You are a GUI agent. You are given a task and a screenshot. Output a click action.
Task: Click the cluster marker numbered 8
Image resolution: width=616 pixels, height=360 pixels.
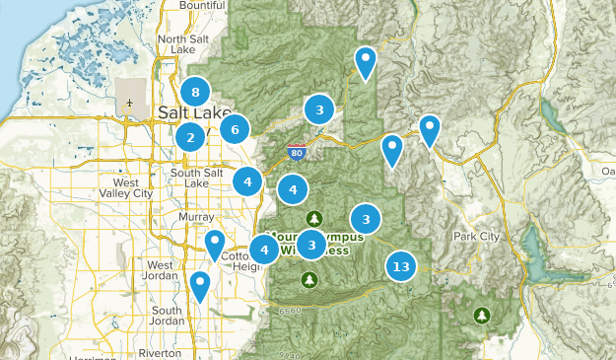[x=195, y=93]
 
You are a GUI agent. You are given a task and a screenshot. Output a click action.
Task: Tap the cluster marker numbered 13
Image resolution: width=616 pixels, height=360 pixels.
[x=400, y=266]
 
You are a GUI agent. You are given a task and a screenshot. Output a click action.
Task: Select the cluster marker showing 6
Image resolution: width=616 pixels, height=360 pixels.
[x=235, y=129]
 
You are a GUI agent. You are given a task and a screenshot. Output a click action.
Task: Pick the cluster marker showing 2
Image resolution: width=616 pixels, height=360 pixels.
[x=190, y=137]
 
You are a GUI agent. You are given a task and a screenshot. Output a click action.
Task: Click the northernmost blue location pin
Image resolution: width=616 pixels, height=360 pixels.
[x=366, y=61]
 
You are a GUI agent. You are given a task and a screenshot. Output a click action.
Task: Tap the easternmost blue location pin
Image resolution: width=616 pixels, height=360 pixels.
[x=429, y=129]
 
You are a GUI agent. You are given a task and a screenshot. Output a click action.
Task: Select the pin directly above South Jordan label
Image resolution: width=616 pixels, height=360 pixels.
[x=200, y=285]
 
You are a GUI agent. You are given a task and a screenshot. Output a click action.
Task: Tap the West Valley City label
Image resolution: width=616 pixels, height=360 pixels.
[x=133, y=188]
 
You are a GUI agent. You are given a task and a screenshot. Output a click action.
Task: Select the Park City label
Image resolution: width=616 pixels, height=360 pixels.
[x=477, y=237]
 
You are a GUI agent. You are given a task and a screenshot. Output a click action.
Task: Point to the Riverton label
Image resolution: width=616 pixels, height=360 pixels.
[x=160, y=352]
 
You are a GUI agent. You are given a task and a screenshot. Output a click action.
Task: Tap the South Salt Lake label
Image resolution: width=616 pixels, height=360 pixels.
[x=198, y=178]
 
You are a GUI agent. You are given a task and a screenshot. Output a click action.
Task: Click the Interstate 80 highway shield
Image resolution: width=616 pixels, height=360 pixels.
[x=297, y=154]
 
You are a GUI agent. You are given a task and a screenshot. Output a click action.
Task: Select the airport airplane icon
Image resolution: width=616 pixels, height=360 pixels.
[x=130, y=103]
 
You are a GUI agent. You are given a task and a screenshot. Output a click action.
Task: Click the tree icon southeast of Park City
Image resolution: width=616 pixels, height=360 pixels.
[x=482, y=315]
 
